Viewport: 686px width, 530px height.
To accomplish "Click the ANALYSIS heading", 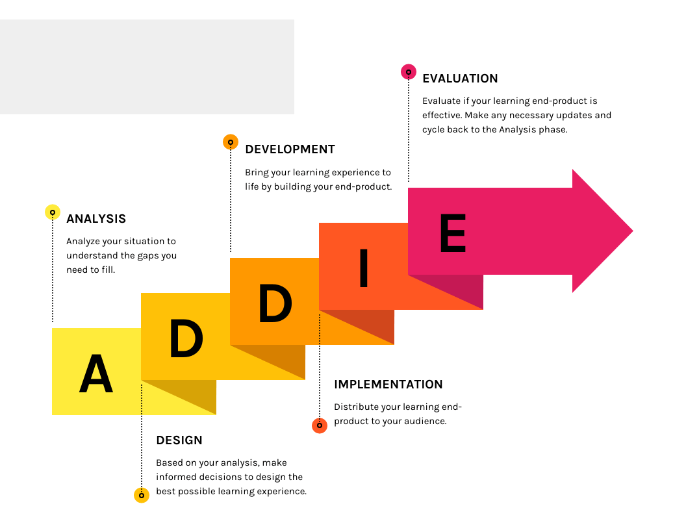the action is pos(96,219).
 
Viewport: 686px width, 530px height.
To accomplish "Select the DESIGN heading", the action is pos(179,440).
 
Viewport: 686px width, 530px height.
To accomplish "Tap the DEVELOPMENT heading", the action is pos(290,149).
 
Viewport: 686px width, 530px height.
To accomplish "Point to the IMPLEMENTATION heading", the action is pos(388,385).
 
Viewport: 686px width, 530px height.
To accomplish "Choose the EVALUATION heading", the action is pos(460,79).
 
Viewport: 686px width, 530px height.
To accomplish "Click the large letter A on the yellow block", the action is pos(96,373).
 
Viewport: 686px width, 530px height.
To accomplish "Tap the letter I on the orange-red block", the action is pos(364,268).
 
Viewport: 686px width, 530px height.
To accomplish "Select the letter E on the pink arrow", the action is pos(453,233).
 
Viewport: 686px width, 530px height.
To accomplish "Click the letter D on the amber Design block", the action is pos(186,338).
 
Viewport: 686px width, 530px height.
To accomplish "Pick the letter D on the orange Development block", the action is pos(275,303).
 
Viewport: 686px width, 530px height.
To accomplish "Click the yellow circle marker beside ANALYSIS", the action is pos(53,212).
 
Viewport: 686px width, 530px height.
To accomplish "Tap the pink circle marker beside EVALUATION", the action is pos(409,71).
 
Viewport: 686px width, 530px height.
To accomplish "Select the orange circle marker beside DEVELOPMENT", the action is pos(231,142).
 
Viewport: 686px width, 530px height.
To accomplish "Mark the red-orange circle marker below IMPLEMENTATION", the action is pos(320,425).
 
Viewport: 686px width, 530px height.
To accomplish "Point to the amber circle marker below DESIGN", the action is pos(142,496).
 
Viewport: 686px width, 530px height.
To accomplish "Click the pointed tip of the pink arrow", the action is pos(633,231).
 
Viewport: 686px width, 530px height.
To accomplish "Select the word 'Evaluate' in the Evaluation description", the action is pos(442,101).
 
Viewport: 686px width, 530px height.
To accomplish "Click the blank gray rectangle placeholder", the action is pos(147,67).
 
